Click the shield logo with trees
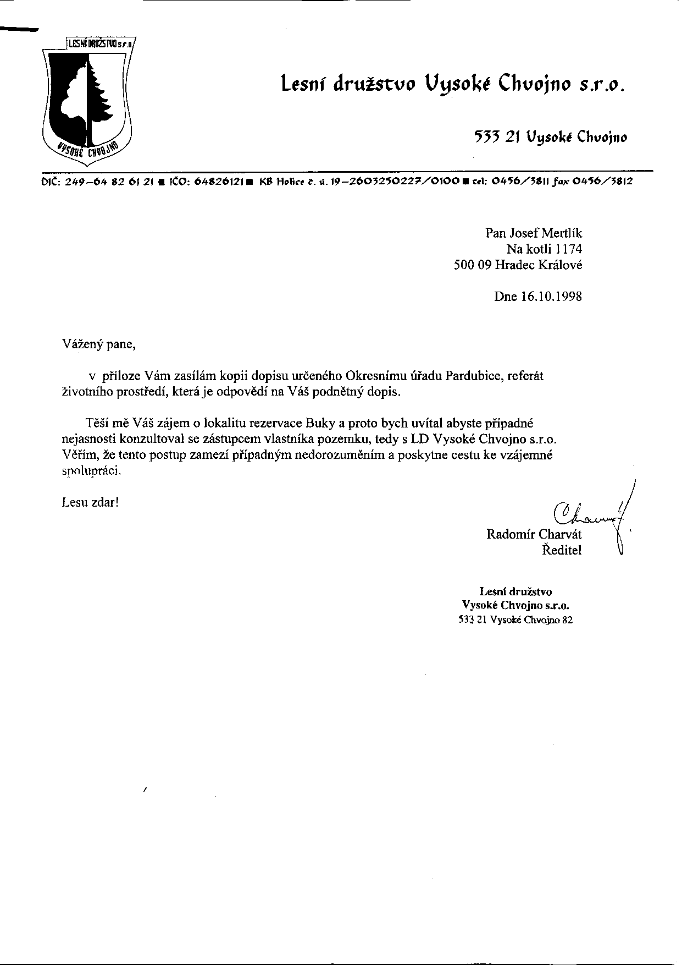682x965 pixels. click(x=87, y=99)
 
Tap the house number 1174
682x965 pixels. click(x=569, y=249)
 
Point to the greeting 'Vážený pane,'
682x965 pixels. click(x=98, y=345)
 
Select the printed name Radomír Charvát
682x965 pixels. click(x=534, y=534)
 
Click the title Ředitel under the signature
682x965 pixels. click(x=562, y=550)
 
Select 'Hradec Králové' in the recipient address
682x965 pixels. click(x=539, y=265)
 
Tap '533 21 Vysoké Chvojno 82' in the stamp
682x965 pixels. click(x=515, y=620)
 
